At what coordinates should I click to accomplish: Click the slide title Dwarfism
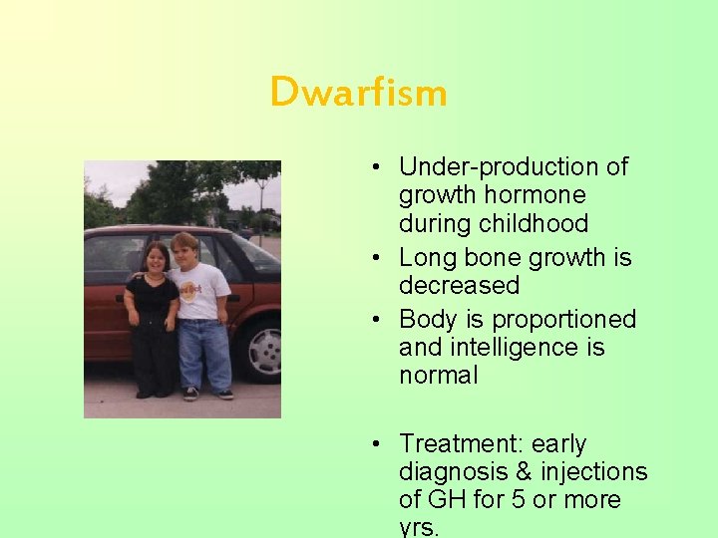[358, 93]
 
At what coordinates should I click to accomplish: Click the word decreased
[459, 286]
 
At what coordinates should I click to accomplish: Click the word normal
[438, 376]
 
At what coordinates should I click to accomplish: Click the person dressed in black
[153, 319]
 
